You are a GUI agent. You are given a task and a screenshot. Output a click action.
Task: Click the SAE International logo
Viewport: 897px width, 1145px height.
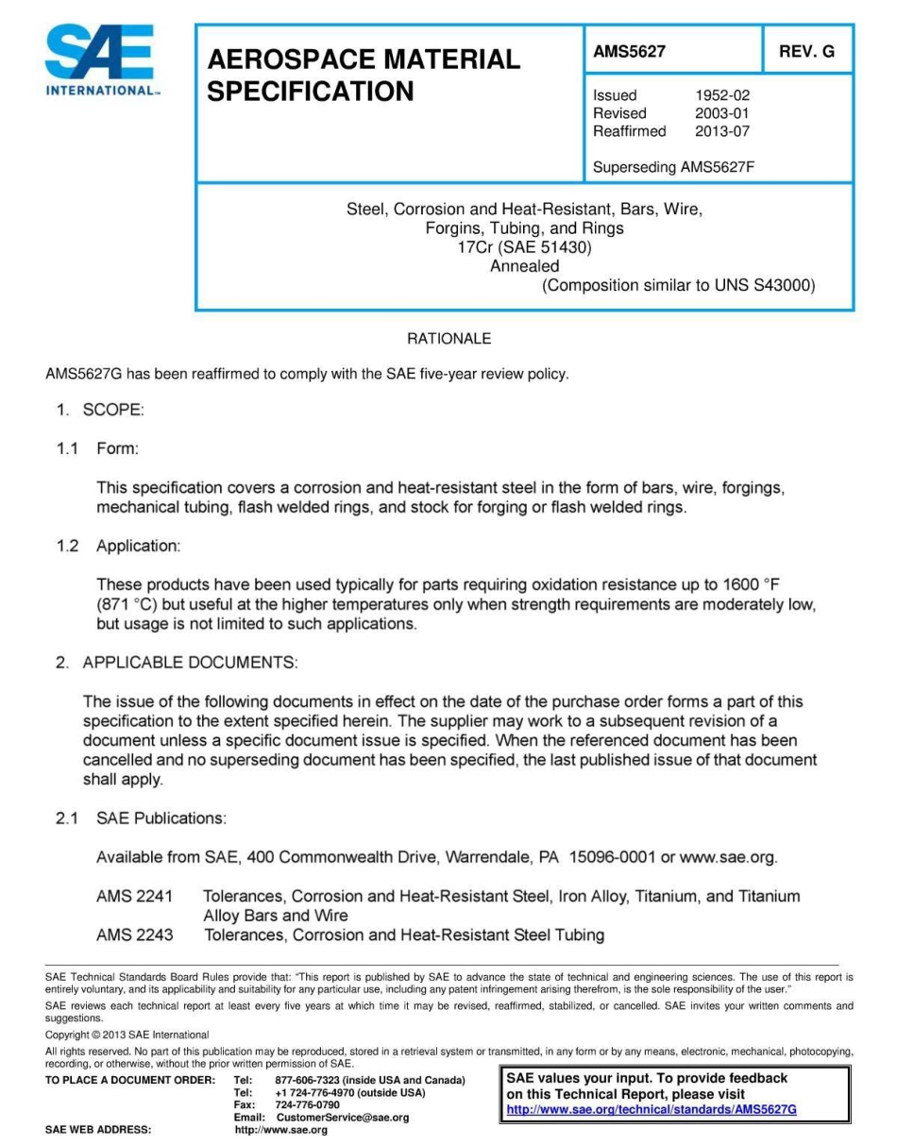pos(101,61)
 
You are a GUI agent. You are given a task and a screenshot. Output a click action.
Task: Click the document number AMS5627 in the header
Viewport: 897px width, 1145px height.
pos(629,52)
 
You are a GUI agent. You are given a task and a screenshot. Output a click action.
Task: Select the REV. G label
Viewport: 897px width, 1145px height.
pos(806,52)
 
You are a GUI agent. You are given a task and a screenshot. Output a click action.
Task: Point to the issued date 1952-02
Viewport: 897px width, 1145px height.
pos(722,95)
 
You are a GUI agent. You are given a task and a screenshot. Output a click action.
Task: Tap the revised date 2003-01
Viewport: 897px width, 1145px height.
pos(722,113)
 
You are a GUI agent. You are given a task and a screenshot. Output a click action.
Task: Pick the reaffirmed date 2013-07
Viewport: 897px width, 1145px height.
pos(722,131)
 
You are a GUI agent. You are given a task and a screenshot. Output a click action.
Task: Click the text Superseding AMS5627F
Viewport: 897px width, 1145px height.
pos(673,168)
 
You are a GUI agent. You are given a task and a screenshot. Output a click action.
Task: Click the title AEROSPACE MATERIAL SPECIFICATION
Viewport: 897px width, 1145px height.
pos(364,76)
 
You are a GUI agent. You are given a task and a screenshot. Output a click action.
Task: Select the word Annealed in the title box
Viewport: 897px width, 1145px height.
pos(524,266)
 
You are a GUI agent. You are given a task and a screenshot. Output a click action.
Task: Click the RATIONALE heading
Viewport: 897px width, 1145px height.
pos(448,338)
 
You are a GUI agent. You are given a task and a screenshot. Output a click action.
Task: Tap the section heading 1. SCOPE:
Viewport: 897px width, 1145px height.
pos(99,410)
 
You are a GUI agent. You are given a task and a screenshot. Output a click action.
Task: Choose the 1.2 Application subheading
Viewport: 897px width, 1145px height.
pos(118,546)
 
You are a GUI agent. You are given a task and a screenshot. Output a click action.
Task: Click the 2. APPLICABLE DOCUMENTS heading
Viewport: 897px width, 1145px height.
pos(177,663)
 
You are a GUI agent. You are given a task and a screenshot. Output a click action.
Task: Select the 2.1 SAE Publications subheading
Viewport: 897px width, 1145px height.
pos(141,817)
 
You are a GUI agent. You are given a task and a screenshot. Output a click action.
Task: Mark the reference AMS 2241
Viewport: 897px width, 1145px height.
pos(134,896)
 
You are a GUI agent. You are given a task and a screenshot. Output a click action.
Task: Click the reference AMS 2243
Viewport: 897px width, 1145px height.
pos(134,935)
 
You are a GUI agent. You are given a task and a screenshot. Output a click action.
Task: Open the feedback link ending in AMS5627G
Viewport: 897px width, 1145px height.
pos(652,1109)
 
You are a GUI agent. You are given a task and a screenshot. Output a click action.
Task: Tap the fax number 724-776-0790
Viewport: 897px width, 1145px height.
pos(307,1103)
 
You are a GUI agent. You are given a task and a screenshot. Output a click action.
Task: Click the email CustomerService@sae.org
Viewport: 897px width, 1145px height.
pos(342,1117)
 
